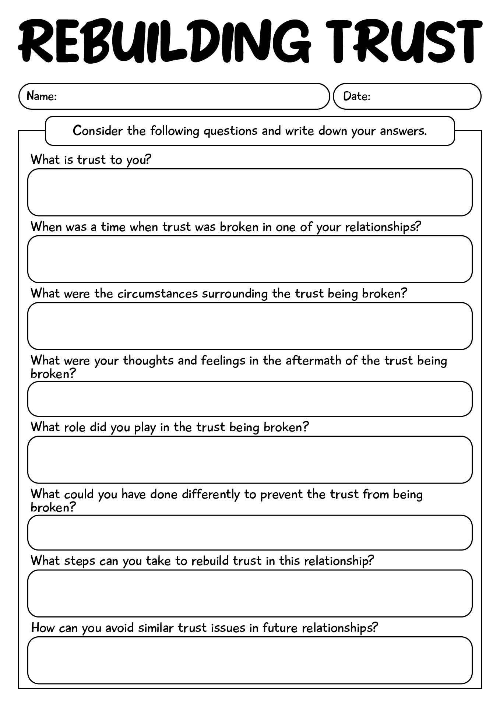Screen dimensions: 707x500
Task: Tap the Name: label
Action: coord(42,96)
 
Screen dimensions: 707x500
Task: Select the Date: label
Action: coord(356,96)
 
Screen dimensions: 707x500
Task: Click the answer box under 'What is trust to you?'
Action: coord(250,192)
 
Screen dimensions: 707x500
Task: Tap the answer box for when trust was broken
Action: coord(250,259)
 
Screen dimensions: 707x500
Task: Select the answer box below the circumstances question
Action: coord(250,326)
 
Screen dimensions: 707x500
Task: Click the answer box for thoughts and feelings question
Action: coord(250,399)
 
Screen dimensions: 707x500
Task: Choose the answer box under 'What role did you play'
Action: coord(250,460)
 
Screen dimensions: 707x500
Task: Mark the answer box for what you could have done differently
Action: coord(250,532)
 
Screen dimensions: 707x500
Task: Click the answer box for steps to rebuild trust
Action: coord(250,593)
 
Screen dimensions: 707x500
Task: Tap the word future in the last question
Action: coord(280,627)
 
